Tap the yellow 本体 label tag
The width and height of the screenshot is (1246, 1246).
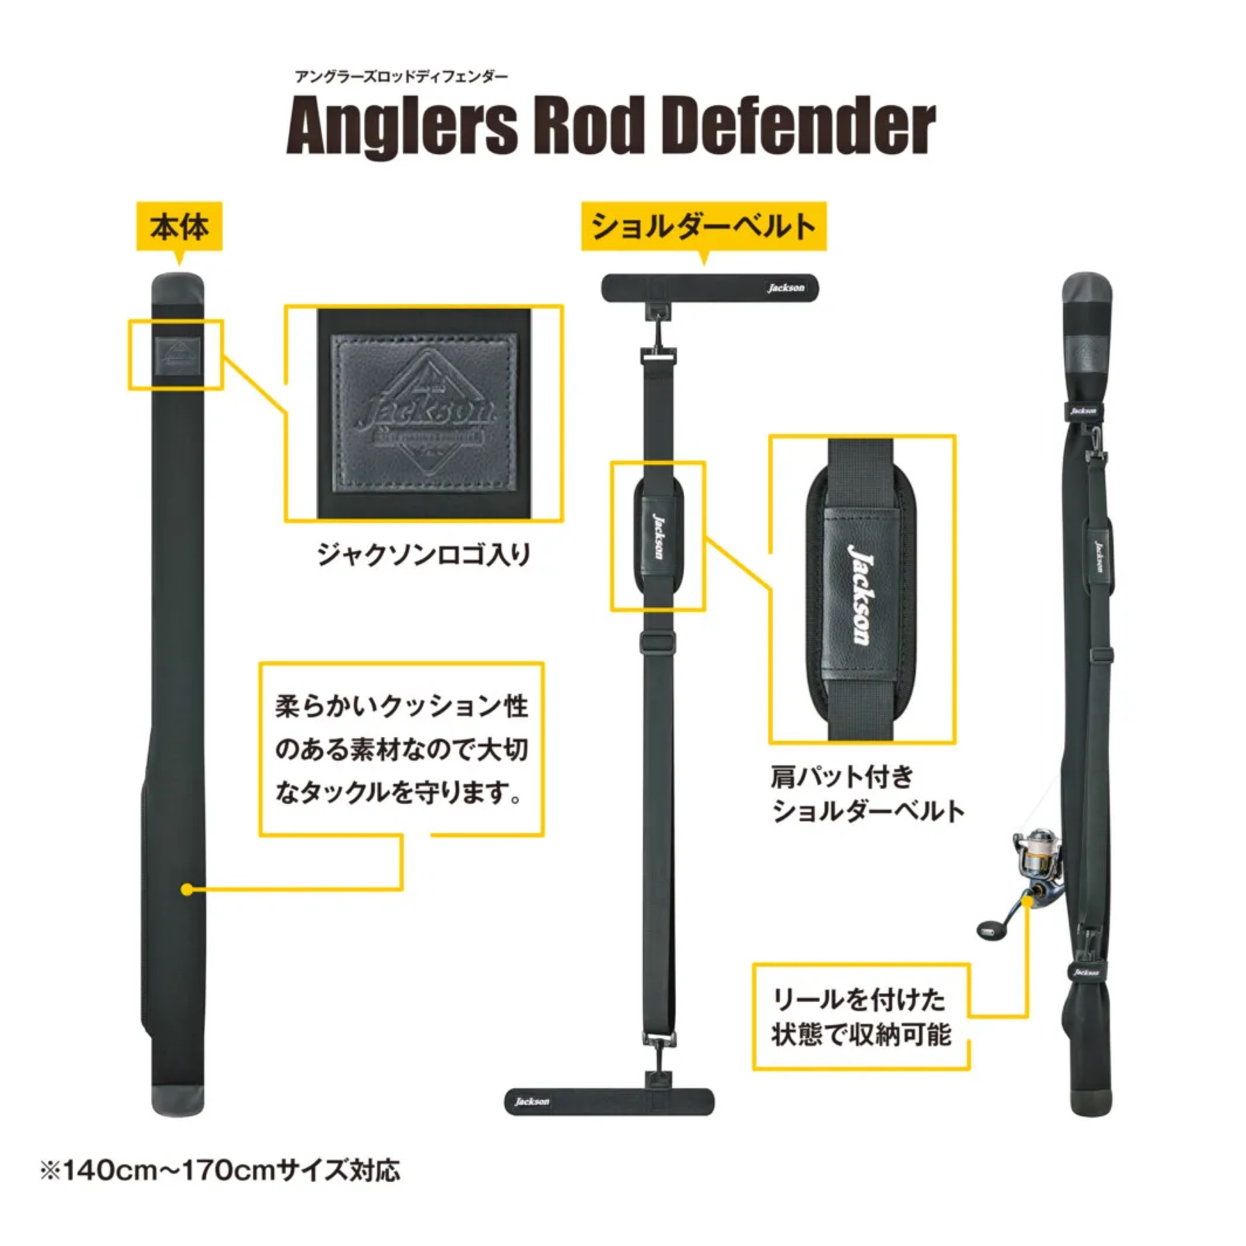[x=179, y=227]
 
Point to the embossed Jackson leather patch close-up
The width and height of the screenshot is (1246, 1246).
[x=424, y=413]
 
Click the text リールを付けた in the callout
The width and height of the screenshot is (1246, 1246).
[x=859, y=1000]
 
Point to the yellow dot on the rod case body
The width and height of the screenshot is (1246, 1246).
[x=187, y=889]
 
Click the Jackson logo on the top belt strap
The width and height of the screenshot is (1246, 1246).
[x=786, y=288]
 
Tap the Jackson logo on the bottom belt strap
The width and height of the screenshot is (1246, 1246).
[x=532, y=1102]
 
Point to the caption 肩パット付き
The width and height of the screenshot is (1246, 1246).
[x=842, y=776]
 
